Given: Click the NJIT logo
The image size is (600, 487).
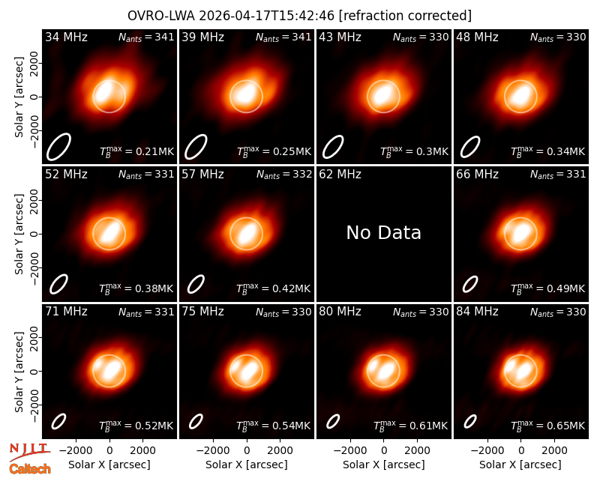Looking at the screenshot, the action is [x=29, y=452].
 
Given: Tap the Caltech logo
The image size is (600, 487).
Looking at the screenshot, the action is [x=30, y=469].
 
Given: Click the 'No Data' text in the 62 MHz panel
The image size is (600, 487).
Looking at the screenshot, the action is [x=383, y=232].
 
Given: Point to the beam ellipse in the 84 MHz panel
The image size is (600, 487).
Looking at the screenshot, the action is [x=470, y=422].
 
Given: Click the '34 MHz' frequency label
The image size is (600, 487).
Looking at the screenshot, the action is [x=66, y=37].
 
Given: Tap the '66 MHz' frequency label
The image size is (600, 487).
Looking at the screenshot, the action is [x=477, y=175].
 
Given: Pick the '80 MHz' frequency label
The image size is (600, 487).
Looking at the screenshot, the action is [x=340, y=312].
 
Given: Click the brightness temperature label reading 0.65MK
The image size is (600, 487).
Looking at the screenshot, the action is [x=548, y=425].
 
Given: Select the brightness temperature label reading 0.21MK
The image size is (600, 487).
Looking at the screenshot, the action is [x=137, y=151].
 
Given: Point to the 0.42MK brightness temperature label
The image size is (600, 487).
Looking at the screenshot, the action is [x=273, y=288].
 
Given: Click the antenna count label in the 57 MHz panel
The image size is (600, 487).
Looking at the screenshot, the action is [x=284, y=175].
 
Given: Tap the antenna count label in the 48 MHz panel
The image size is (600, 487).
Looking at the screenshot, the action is [x=558, y=37].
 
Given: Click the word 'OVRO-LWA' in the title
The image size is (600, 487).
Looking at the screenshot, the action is [x=161, y=16].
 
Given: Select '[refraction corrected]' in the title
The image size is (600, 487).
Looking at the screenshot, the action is [x=405, y=16].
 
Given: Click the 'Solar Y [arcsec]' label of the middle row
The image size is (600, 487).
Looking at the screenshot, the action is [x=19, y=234].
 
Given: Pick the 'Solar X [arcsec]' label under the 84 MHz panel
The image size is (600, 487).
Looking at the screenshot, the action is [x=520, y=465].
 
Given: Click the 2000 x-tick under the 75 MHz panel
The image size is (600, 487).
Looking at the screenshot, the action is [x=280, y=450].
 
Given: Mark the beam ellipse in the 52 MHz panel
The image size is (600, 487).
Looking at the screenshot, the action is [x=58, y=284].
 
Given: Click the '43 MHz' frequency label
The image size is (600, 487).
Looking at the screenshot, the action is [x=340, y=37].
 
